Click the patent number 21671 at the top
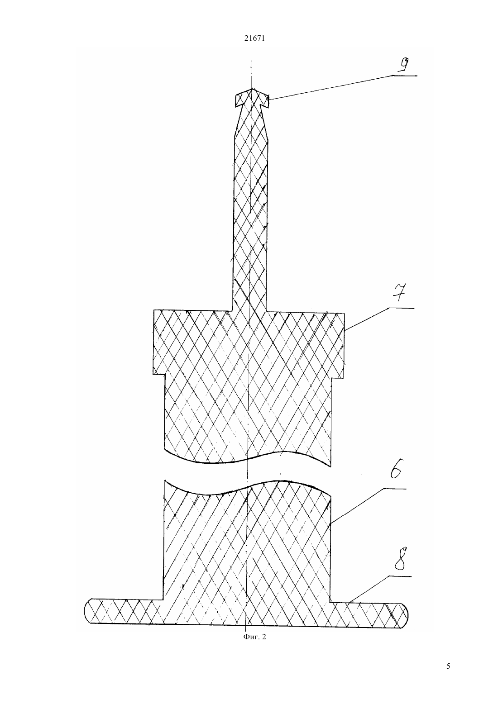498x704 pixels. tap(254, 38)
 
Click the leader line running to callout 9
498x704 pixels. tap(343, 87)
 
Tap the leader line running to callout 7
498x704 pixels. tap(379, 319)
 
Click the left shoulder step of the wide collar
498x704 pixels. tap(159, 375)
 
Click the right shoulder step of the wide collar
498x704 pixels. tap(338, 378)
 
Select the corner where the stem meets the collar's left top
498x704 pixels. tap(232, 310)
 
